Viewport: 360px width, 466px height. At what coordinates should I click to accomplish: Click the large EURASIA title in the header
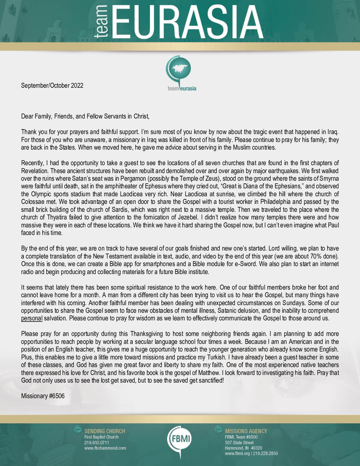(189, 23)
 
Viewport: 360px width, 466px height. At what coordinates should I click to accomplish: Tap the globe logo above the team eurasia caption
(180, 70)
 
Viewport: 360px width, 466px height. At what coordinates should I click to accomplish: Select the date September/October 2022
(52, 85)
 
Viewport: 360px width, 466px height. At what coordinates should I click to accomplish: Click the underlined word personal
(32, 318)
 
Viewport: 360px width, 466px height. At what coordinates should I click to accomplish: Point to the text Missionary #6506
(43, 396)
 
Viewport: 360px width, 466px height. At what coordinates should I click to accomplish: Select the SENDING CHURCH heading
(105, 431)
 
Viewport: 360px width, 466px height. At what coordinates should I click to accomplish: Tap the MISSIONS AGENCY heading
(246, 431)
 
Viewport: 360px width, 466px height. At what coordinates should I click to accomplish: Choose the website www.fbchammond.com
(105, 448)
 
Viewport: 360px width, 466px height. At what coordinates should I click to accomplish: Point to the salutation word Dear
(27, 117)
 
